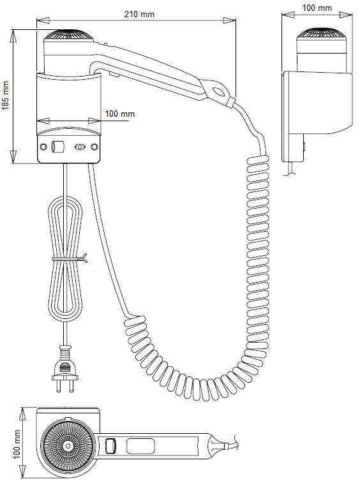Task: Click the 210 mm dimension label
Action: pyautogui.click(x=139, y=14)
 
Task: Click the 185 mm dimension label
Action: pyautogui.click(x=6, y=96)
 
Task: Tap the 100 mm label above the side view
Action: pyautogui.click(x=317, y=8)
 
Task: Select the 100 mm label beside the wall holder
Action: pyautogui.click(x=120, y=114)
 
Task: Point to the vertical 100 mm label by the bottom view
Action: pyautogui.click(x=17, y=444)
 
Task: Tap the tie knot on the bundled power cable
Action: pyautogui.click(x=82, y=258)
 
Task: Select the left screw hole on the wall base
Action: pyautogui.click(x=43, y=147)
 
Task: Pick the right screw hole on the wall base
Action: pyautogui.click(x=95, y=147)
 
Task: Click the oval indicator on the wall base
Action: pyautogui.click(x=80, y=147)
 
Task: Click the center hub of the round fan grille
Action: pyautogui.click(x=68, y=445)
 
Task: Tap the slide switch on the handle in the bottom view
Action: pyautogui.click(x=110, y=445)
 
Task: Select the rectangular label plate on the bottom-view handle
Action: pyautogui.click(x=140, y=446)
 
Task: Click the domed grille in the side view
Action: pyautogui.click(x=322, y=34)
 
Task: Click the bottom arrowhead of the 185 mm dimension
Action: pyautogui.click(x=13, y=157)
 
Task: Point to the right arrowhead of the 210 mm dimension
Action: pyautogui.click(x=230, y=20)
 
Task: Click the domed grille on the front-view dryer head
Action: pyautogui.click(x=69, y=34)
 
